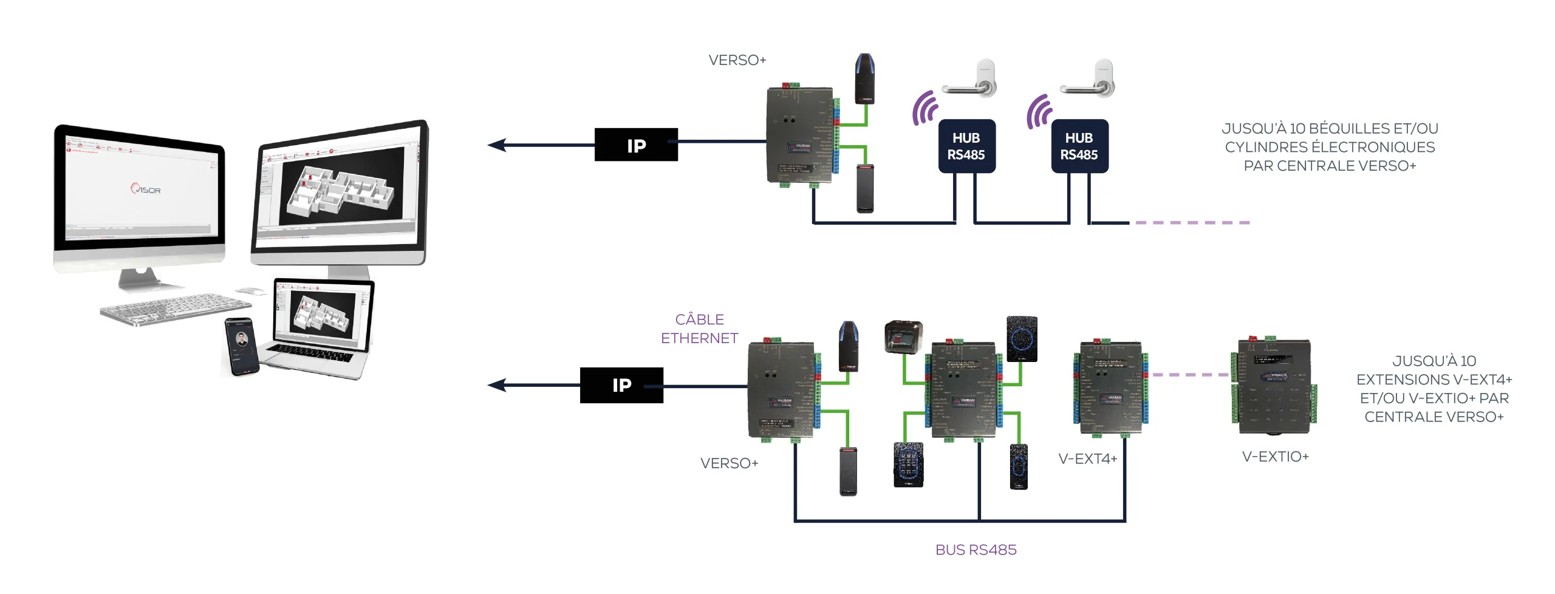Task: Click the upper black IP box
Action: [x=635, y=145]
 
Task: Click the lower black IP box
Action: [x=621, y=384]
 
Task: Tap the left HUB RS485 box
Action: [x=966, y=146]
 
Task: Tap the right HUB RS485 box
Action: [x=1079, y=146]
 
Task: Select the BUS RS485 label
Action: [x=976, y=550]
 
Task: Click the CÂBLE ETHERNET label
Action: [x=699, y=329]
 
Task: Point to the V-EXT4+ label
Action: [x=1087, y=459]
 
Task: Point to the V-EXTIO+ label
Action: [x=1275, y=457]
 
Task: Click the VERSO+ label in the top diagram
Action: [x=737, y=60]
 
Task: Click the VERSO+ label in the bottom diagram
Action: [x=729, y=463]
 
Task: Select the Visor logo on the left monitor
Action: [x=146, y=189]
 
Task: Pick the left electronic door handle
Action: [x=971, y=81]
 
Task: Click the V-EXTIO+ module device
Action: [x=1274, y=387]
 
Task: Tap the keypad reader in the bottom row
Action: [x=908, y=465]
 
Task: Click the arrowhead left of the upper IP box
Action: [x=497, y=145]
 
